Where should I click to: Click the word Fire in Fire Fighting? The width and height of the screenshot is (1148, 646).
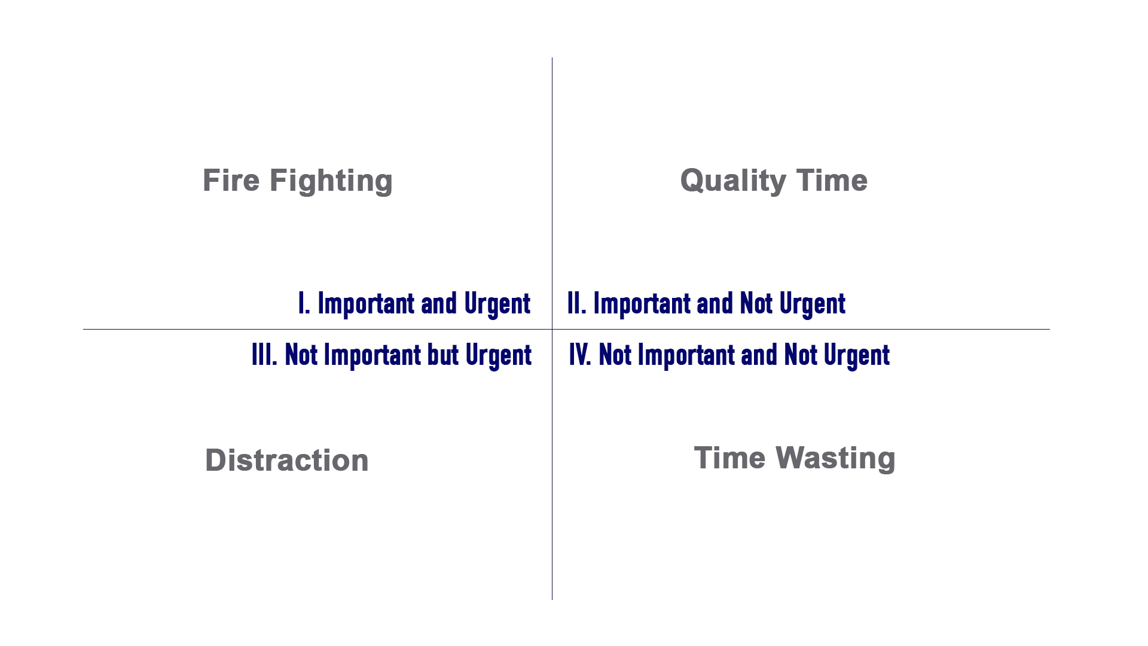[x=231, y=180]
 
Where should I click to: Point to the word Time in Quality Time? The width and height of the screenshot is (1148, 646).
[x=832, y=180]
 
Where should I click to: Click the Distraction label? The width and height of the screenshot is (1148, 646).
[x=287, y=460]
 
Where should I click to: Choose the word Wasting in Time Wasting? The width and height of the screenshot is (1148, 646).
[x=835, y=459]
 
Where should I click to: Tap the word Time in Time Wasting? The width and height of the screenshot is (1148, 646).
[x=729, y=458]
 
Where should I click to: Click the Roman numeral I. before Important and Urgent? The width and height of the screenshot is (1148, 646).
[x=304, y=303]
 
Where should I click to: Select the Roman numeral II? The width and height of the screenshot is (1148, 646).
[x=577, y=303]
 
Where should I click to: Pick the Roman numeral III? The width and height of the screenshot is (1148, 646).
[x=264, y=355]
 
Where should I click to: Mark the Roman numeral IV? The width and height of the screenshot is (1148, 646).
[x=580, y=355]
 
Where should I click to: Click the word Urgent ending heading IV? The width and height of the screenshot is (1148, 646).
[x=857, y=356]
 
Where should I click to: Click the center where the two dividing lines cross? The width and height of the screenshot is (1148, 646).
[x=552, y=329]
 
